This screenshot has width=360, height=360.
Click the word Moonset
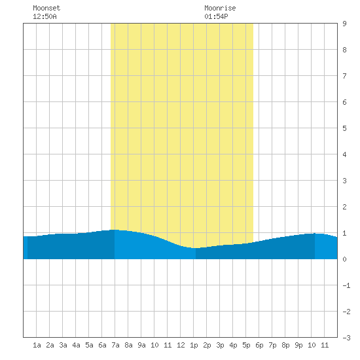tap(46, 8)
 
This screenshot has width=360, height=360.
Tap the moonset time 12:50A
tap(45, 16)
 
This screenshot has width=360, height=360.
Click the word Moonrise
tap(220, 8)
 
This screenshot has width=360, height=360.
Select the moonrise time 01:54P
tap(216, 16)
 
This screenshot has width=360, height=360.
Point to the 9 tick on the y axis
tap(344, 24)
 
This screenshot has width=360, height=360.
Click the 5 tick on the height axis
tap(344, 128)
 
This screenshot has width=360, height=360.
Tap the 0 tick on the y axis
tap(344, 259)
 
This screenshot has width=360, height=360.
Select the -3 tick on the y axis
tap(346, 338)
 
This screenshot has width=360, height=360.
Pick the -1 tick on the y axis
tap(346, 285)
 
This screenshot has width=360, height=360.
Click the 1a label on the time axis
tap(37, 345)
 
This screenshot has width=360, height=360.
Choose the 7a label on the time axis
tap(115, 345)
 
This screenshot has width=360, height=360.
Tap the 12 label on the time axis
tap(181, 345)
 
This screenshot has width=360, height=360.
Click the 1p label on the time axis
tap(194, 345)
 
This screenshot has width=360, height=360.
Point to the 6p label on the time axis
tap(259, 345)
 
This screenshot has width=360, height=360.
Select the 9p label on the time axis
tap(298, 345)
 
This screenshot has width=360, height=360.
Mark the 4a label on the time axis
tap(76, 345)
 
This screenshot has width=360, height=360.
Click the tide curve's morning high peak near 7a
tap(114, 230)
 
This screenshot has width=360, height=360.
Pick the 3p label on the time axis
tap(220, 345)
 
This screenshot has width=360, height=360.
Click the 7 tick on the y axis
tap(344, 76)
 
